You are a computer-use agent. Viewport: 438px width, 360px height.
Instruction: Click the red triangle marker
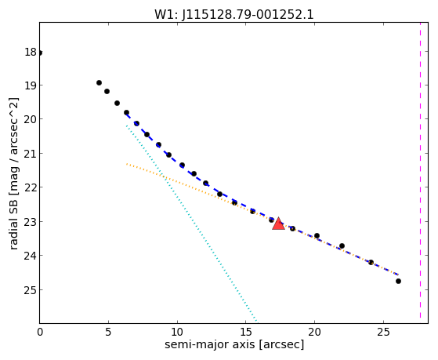pos(278,224)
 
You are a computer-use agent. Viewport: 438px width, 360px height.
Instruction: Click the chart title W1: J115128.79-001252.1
pos(234,14)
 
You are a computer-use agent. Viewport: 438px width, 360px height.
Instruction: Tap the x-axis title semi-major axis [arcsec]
pos(234,344)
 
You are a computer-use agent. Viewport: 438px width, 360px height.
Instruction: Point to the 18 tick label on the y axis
pos(31,52)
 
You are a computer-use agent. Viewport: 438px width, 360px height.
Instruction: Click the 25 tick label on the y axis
pos(31,290)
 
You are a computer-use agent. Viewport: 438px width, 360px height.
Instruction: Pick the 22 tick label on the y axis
pos(31,187)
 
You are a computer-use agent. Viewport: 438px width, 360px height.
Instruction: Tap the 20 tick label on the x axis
pos(314,332)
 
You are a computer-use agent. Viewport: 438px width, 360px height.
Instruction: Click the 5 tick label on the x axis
pos(108,332)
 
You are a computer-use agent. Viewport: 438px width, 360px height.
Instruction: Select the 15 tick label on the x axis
pos(246,332)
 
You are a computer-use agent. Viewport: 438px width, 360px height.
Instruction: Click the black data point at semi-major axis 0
pos(40,53)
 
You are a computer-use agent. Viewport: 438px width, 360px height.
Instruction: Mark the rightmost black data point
pos(398,281)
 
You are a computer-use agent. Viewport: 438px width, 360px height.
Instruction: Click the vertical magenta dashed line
pos(420,170)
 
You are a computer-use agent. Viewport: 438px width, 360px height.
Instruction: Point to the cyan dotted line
pos(192,224)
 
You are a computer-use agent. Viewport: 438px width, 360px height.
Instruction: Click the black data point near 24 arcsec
pos(371,262)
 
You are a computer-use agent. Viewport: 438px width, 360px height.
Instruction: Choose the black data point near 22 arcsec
pos(342,245)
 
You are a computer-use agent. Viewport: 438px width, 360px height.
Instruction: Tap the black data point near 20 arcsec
pos(317,235)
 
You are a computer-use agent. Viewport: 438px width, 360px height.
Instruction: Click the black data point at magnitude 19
pos(99,83)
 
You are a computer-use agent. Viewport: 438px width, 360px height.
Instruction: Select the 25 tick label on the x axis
pos(383,332)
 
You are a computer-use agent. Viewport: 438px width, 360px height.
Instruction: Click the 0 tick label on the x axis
pos(40,332)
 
